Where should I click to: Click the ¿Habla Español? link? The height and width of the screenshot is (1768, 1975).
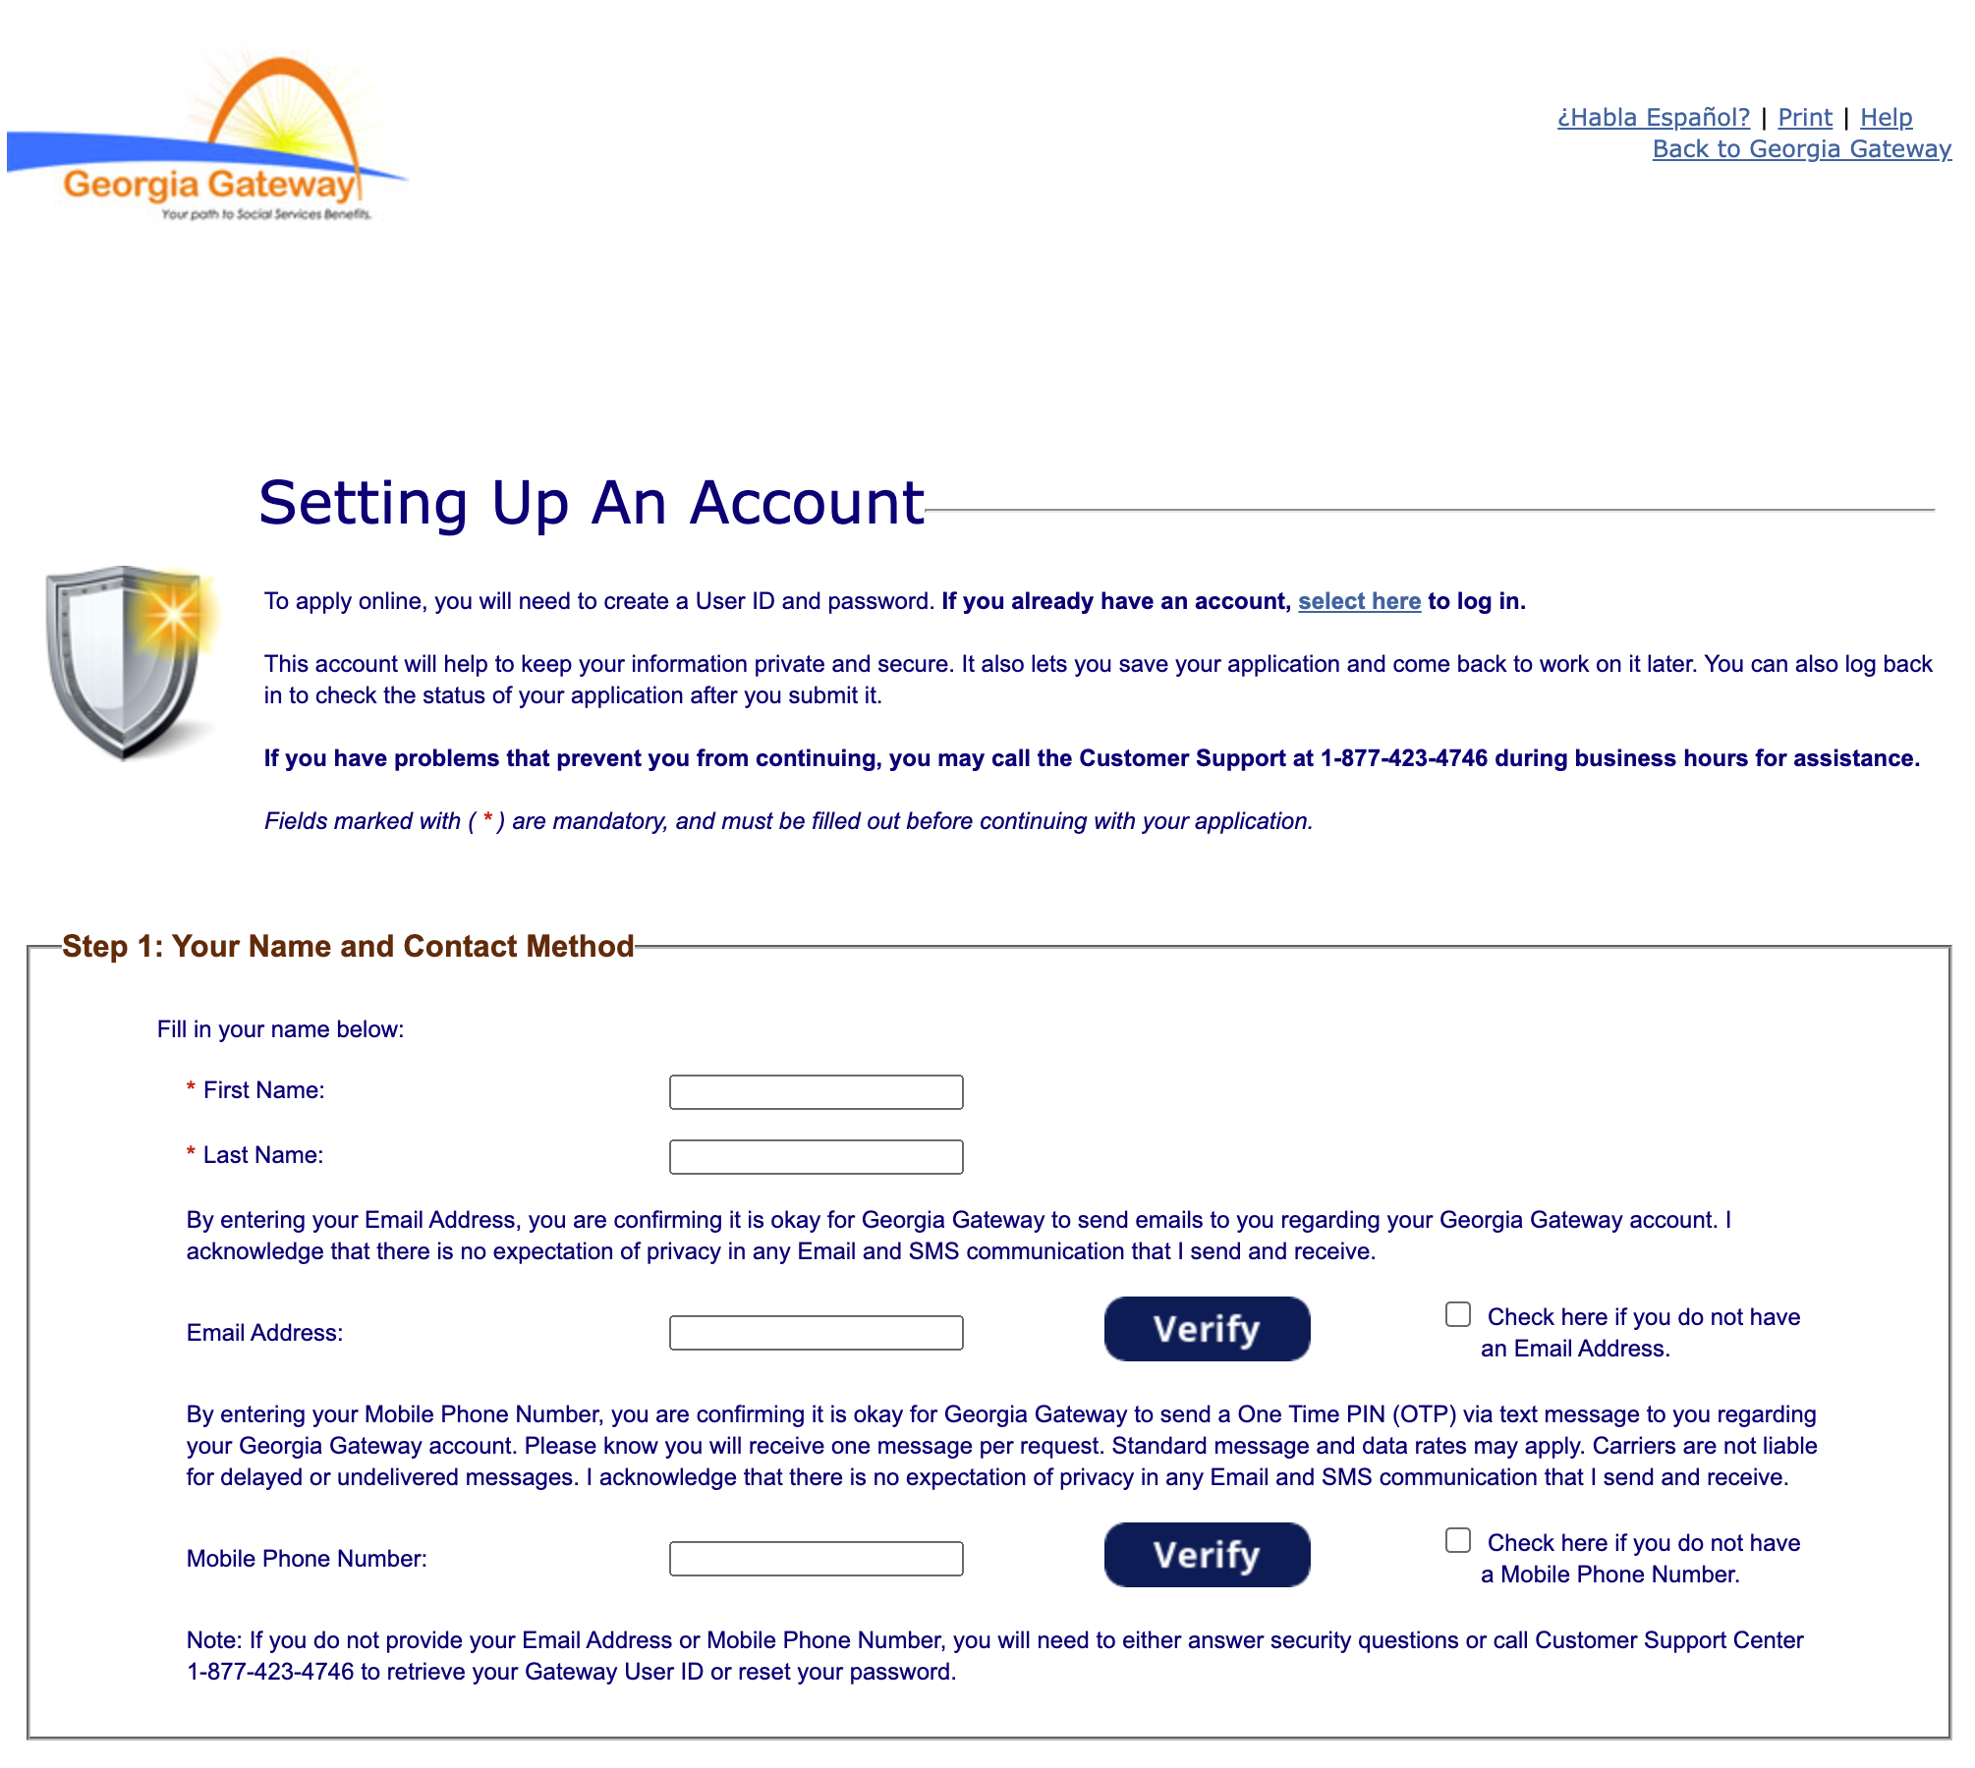[x=1653, y=118]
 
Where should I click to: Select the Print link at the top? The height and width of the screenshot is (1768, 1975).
[x=1804, y=118]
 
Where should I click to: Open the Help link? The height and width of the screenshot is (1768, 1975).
[x=1886, y=118]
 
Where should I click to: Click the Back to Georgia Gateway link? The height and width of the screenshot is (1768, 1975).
[x=1801, y=149]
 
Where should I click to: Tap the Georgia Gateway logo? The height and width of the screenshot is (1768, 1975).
[x=208, y=138]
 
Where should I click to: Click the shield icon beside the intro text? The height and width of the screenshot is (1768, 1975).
[x=128, y=660]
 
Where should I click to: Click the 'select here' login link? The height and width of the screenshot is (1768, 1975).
[x=1359, y=601]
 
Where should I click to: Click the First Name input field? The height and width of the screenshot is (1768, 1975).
[x=816, y=1092]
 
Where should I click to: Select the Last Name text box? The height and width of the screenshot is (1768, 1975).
[x=816, y=1157]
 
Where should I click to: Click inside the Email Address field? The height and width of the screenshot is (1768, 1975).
[x=816, y=1333]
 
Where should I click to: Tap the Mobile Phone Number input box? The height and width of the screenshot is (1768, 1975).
[x=816, y=1559]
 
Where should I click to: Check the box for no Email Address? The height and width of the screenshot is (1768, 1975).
[x=1458, y=1314]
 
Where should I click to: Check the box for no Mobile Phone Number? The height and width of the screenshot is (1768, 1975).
[x=1458, y=1540]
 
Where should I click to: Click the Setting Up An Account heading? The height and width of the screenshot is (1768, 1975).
[x=591, y=503]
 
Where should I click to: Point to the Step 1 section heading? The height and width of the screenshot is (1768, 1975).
[x=348, y=946]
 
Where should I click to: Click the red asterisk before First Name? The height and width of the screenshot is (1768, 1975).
[x=191, y=1088]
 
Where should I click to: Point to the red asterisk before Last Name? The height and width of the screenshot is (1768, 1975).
[x=191, y=1153]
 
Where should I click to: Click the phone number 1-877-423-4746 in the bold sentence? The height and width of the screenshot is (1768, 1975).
[x=1403, y=758]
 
